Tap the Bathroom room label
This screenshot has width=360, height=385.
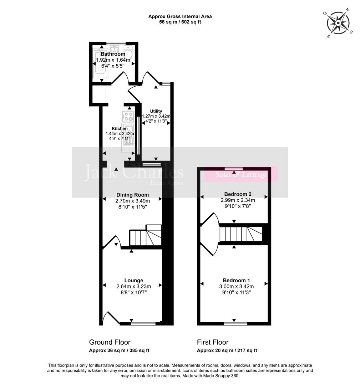(x=112, y=54)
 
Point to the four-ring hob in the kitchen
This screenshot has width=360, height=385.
(x=128, y=117)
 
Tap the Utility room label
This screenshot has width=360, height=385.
(x=156, y=111)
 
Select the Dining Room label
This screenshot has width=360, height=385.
(x=132, y=195)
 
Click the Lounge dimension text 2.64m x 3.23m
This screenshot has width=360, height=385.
(x=133, y=287)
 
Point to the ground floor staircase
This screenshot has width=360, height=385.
(x=144, y=236)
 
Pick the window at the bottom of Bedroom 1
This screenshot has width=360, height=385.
(x=235, y=324)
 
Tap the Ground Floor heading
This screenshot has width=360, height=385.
(x=110, y=342)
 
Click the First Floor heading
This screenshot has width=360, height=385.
(x=213, y=342)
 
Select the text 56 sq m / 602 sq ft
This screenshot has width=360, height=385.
(x=180, y=22)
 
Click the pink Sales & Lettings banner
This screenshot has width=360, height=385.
(x=241, y=175)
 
